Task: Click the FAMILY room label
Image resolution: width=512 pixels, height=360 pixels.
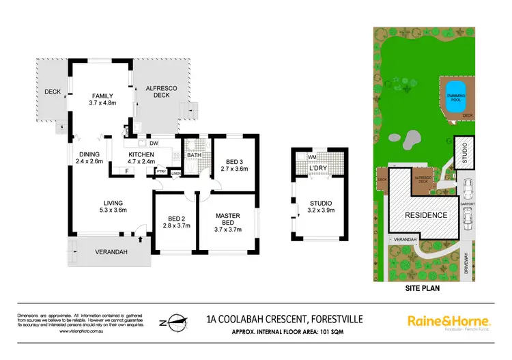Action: click(x=103, y=95)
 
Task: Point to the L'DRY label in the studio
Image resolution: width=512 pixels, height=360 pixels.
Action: click(x=317, y=167)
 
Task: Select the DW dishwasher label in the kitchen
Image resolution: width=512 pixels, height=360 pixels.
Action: click(x=154, y=143)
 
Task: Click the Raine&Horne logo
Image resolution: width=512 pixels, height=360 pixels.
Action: click(x=449, y=320)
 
